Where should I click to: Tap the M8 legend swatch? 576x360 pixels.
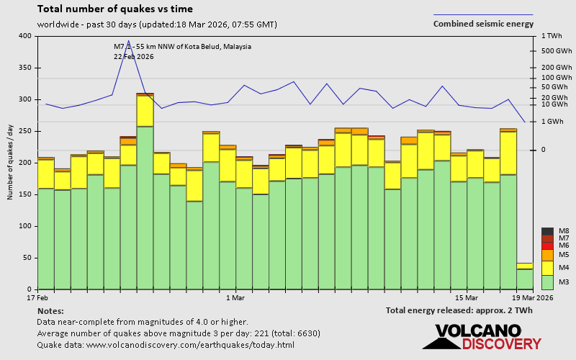click(547, 231)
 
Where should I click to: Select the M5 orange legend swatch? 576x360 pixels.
click(547, 255)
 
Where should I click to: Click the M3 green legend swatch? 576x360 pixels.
click(547, 281)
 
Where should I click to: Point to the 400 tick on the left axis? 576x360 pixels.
click(25, 36)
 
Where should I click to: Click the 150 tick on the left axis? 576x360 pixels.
click(25, 194)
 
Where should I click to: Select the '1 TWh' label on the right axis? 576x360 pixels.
click(551, 36)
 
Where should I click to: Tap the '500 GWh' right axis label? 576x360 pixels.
click(555, 51)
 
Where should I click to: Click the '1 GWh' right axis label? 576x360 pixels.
click(552, 122)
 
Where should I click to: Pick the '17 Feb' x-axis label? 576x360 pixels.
click(37, 297)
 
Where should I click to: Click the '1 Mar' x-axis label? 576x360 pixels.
click(235, 297)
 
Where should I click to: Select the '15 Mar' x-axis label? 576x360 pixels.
click(467, 297)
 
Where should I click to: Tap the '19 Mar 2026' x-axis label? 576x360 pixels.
click(534, 297)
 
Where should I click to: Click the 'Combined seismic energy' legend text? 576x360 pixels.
click(482, 24)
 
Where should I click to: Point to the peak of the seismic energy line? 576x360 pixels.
click(128, 41)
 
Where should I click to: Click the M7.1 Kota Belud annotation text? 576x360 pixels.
click(182, 46)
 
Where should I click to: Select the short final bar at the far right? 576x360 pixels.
click(525, 276)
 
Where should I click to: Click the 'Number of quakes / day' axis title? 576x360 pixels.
click(10, 163)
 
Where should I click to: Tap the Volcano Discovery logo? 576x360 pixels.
click(487, 336)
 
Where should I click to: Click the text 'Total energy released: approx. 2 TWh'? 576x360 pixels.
click(459, 310)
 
